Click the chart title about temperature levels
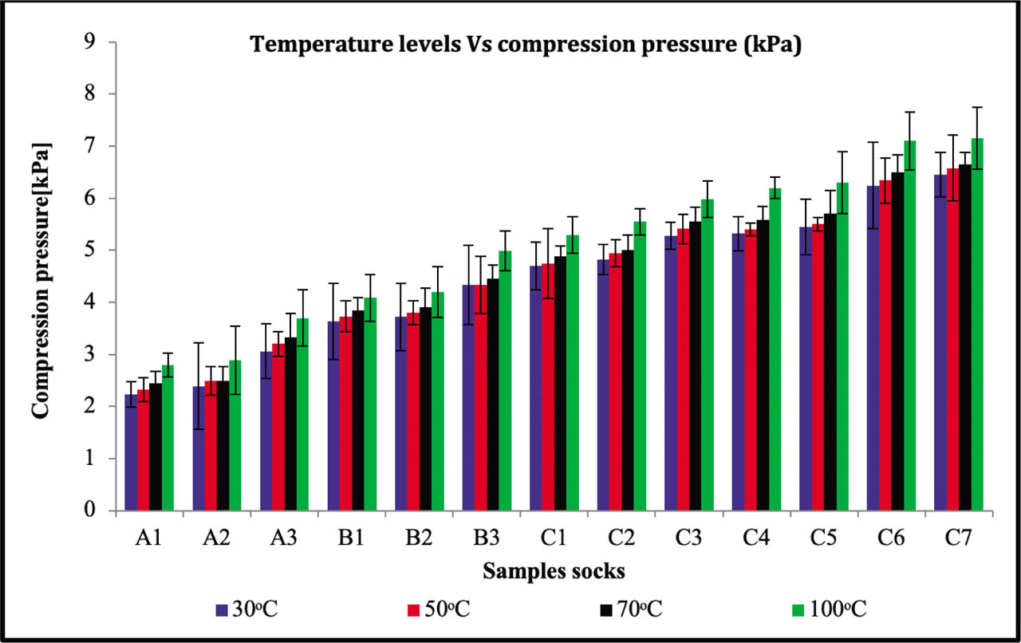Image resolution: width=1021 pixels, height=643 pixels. (526, 45)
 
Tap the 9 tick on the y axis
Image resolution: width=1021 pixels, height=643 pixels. (101, 42)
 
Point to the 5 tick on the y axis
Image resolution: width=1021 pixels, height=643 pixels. (101, 250)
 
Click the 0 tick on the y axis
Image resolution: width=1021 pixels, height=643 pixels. (101, 511)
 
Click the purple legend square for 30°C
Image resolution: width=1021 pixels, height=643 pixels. (223, 611)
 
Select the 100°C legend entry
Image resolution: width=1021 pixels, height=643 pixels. (838, 610)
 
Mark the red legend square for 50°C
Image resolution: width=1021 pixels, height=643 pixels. (414, 611)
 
